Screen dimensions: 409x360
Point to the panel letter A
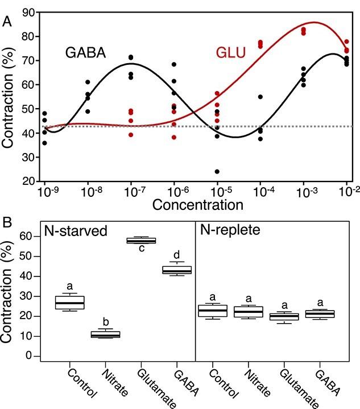7,21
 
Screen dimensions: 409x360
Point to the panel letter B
7,216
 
